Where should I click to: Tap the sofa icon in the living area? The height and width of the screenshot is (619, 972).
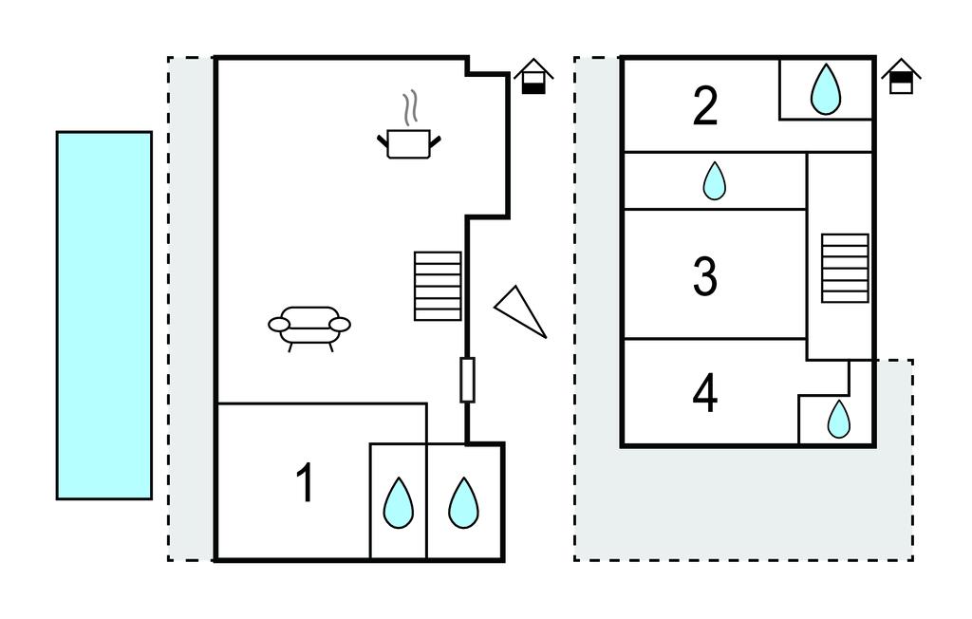click(x=309, y=325)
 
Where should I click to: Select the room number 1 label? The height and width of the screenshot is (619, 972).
click(x=305, y=483)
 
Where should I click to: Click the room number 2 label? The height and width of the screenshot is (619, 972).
click(x=704, y=106)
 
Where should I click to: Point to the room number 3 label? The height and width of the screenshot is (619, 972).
click(x=704, y=275)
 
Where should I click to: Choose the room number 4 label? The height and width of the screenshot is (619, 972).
click(x=704, y=394)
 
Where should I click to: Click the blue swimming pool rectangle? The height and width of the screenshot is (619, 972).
click(x=103, y=315)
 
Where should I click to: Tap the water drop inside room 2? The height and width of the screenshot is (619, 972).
click(x=826, y=89)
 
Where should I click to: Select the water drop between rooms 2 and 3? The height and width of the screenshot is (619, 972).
click(x=714, y=180)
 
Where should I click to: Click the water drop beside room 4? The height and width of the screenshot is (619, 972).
click(x=839, y=419)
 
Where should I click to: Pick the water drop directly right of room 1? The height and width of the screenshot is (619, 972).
click(x=398, y=501)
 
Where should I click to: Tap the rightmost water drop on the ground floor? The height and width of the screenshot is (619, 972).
click(x=463, y=501)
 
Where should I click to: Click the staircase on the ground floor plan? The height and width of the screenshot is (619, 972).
click(x=438, y=286)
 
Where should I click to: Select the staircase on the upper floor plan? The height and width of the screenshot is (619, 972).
click(x=845, y=268)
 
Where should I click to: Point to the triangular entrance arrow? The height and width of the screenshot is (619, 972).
click(x=520, y=309)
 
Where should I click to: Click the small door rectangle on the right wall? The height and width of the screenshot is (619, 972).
click(x=467, y=380)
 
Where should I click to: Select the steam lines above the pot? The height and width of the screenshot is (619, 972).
click(x=410, y=108)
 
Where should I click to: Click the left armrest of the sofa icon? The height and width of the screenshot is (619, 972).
click(x=280, y=325)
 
